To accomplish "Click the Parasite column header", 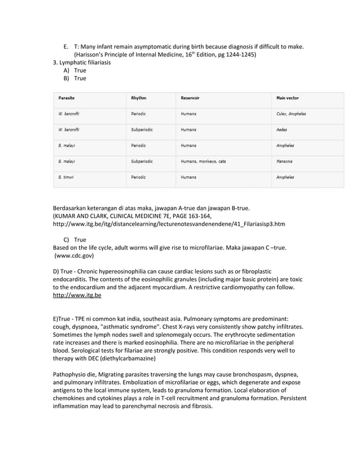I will pos(67,98).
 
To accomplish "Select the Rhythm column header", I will pos(138,98).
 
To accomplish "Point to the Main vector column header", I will pos(288,98).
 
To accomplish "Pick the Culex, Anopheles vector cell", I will pos(291,114).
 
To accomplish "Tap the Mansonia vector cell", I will pos(285,161).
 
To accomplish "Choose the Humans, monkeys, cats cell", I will pos(203,161).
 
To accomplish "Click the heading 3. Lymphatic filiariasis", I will pos(82,62).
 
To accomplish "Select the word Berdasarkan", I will pos(72,208).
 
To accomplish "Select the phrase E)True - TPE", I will pos(73,319).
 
